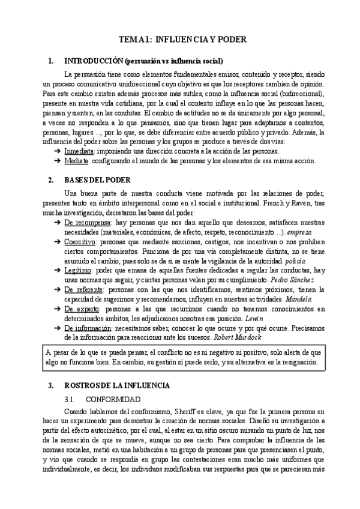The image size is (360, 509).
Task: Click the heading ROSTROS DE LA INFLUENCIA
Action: coord(117,385)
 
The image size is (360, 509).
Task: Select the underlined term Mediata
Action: coord(77,161)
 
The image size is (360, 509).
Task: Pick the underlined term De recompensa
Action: coord(85,222)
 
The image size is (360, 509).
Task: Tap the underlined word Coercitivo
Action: coord(80,241)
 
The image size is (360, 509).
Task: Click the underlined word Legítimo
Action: coord(79,270)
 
